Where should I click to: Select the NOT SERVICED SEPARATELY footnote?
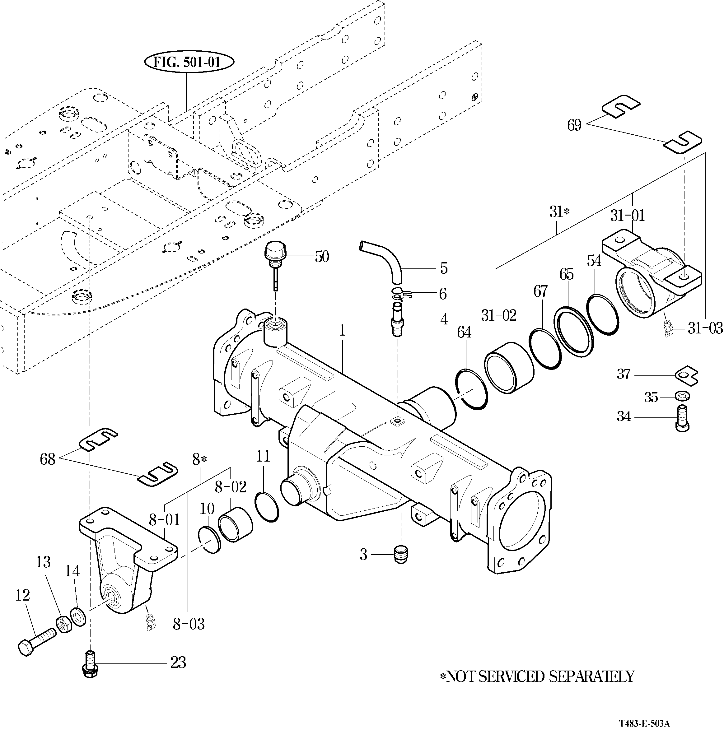pos(537,676)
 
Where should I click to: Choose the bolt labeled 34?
pos(681,417)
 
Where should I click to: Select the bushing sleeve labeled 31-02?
pos(509,368)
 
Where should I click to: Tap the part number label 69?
pos(574,125)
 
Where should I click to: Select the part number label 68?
pos(48,459)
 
